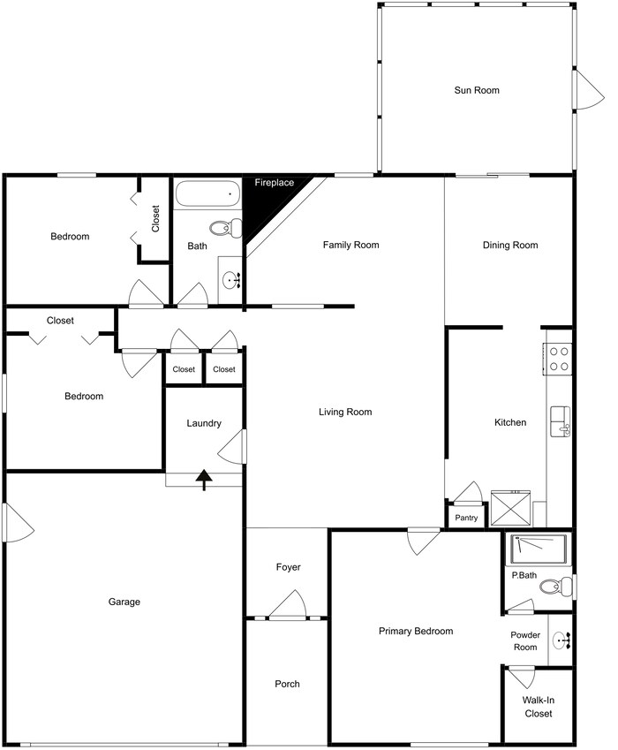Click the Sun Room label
click(x=477, y=90)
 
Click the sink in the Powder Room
click(x=561, y=641)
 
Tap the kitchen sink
click(x=560, y=421)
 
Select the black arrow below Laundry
click(x=204, y=480)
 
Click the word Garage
click(x=124, y=602)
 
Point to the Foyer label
click(x=288, y=567)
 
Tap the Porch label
click(x=287, y=684)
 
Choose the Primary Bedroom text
click(x=415, y=631)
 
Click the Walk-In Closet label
click(x=539, y=707)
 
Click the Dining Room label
click(x=509, y=245)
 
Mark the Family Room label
click(x=350, y=245)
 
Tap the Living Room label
click(x=345, y=412)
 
